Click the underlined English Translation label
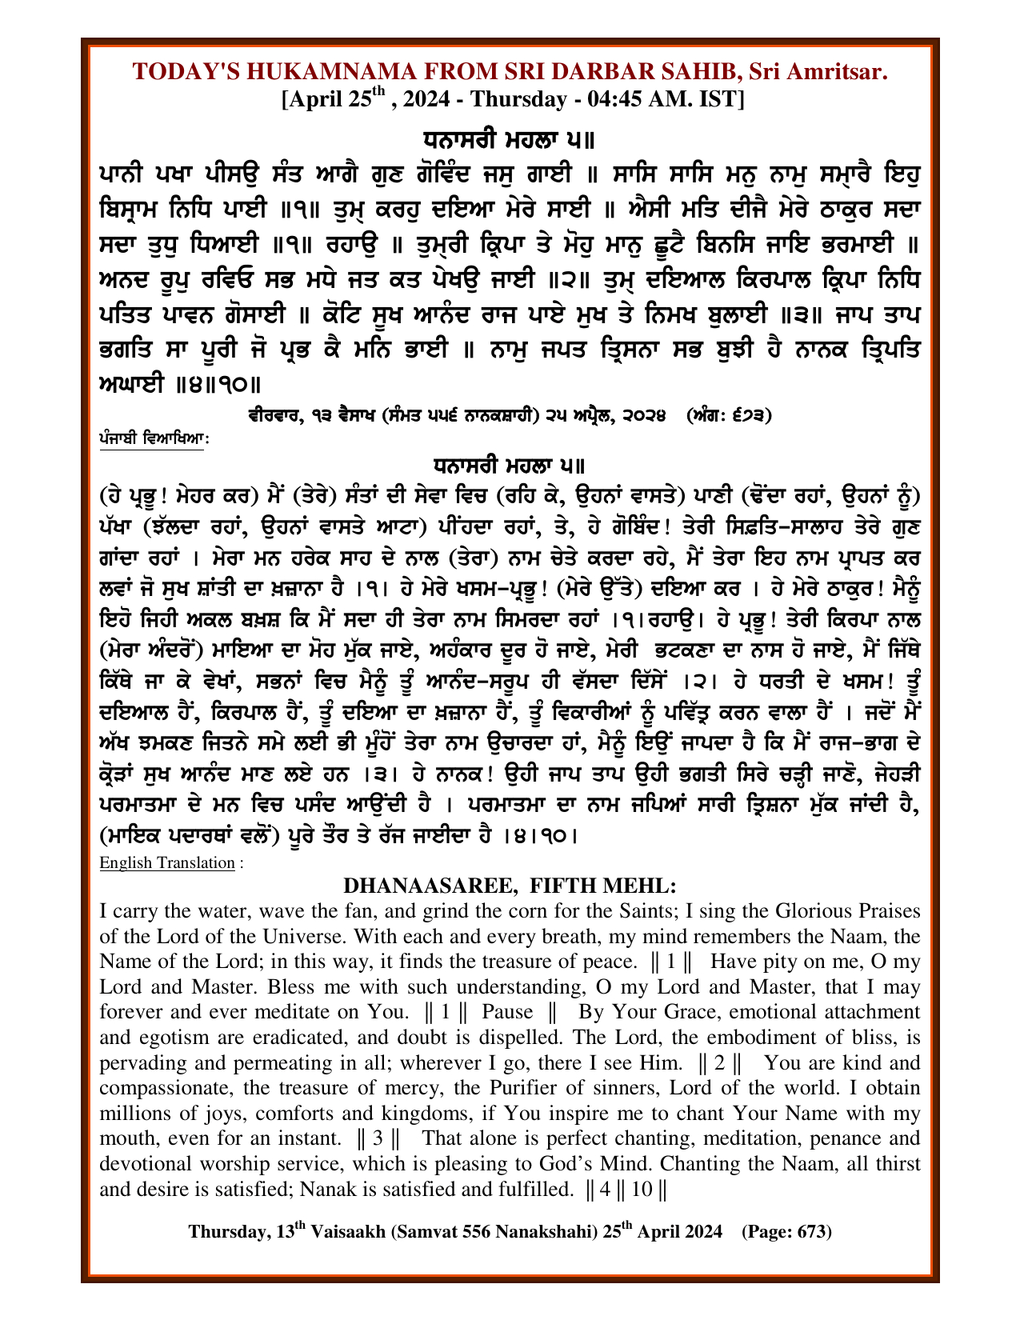tap(166, 862)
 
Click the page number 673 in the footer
tap(810, 1231)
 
